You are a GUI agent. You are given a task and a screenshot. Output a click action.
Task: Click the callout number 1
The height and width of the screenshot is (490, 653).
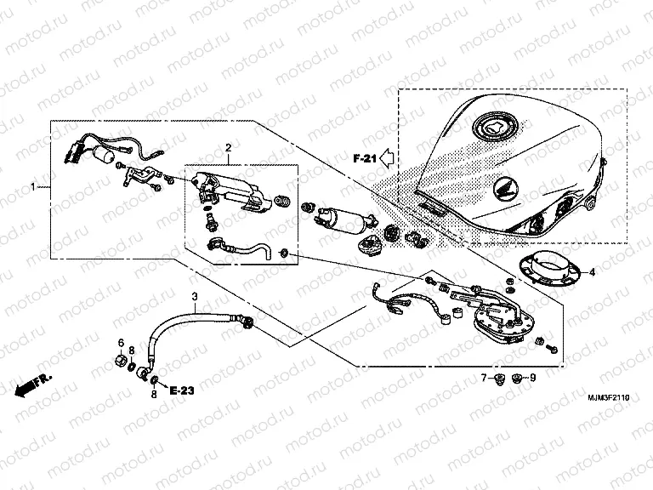tap(34, 185)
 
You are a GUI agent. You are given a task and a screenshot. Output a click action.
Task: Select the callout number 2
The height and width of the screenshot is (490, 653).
tap(228, 149)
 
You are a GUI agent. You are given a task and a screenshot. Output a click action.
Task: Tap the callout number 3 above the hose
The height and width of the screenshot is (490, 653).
tap(194, 296)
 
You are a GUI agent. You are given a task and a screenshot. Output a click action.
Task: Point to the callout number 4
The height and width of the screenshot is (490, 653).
tap(593, 272)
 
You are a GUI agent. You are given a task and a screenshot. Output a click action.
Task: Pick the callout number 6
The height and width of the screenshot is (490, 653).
tap(121, 343)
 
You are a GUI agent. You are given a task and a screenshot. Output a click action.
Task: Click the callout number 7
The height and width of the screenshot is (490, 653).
tap(482, 377)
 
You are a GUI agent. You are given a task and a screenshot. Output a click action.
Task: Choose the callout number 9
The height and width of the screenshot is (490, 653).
tap(533, 377)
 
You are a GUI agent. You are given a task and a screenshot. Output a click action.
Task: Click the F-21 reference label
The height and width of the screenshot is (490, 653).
tap(364, 158)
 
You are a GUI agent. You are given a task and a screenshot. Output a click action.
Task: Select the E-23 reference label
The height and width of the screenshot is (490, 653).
tap(182, 390)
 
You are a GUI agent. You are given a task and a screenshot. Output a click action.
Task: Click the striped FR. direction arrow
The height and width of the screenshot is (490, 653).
tap(32, 385)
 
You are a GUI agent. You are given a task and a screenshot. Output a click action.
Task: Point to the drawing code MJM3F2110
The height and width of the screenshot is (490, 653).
tap(611, 398)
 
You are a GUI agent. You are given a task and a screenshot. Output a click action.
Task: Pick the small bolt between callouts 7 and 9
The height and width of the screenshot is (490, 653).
tap(508, 377)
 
